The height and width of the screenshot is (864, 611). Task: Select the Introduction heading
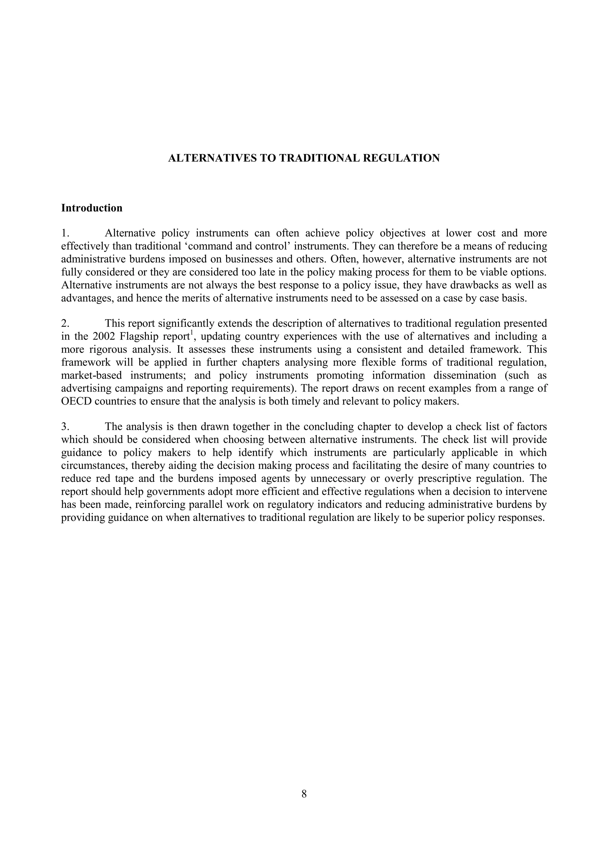92,208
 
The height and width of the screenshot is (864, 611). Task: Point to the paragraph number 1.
64,234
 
